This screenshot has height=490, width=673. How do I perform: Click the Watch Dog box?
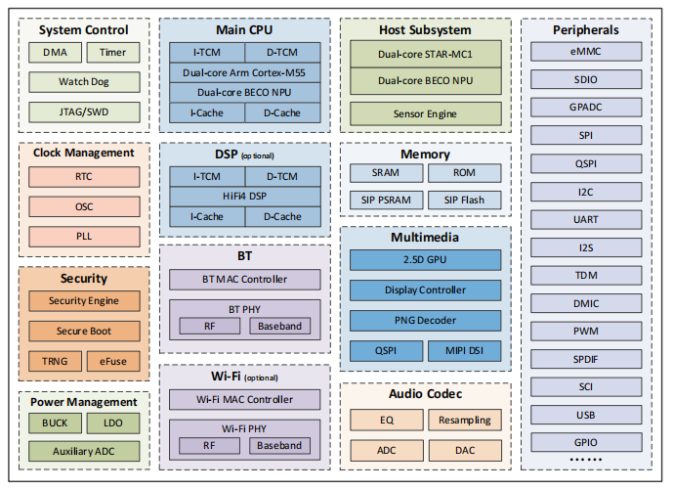(x=84, y=82)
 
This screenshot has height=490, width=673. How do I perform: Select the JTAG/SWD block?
(x=84, y=111)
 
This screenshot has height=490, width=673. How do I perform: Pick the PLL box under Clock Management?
(x=84, y=236)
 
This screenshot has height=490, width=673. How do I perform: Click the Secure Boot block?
(x=84, y=331)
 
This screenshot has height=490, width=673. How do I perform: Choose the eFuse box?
(x=113, y=361)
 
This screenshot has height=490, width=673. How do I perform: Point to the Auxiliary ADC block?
(x=84, y=451)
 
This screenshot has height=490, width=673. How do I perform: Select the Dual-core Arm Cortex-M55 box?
(x=244, y=72)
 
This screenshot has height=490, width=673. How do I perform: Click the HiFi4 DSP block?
(x=244, y=196)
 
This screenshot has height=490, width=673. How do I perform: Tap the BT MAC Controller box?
(x=244, y=279)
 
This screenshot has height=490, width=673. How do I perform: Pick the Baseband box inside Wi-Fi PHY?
(x=279, y=446)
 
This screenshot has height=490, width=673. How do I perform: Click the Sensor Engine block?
(x=425, y=113)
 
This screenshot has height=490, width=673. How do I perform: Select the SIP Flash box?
(x=464, y=200)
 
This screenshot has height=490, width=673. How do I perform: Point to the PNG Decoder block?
(x=425, y=320)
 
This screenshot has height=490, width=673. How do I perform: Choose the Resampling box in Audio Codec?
(x=464, y=421)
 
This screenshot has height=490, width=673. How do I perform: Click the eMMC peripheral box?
(x=586, y=52)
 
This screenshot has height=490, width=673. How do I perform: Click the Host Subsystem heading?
(x=425, y=30)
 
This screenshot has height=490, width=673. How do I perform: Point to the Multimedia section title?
(x=425, y=238)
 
